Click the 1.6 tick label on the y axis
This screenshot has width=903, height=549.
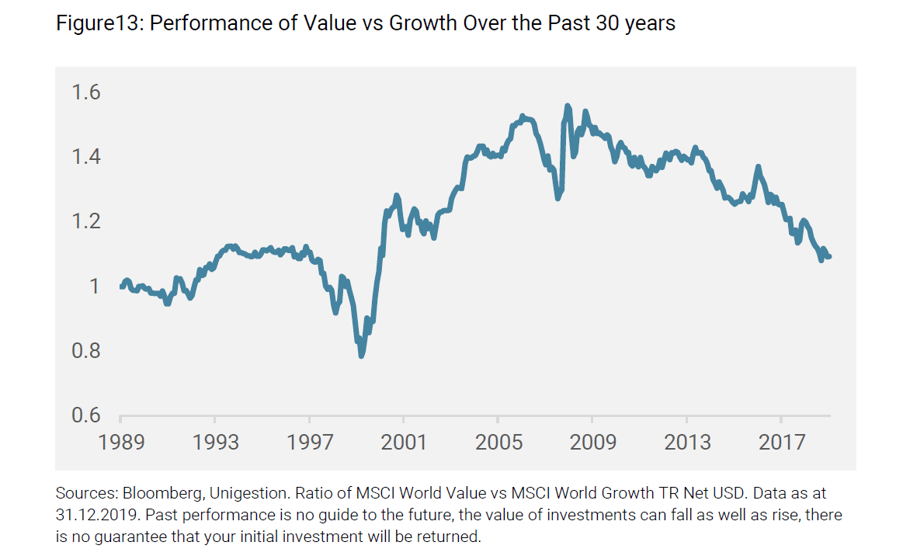[x=85, y=93]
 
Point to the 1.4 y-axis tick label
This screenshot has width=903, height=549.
[x=85, y=158]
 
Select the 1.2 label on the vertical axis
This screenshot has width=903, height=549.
[x=85, y=222]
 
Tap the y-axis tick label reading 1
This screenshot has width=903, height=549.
[x=95, y=287]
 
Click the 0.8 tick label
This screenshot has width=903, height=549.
[x=85, y=351]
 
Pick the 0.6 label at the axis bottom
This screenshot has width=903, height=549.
[x=85, y=415]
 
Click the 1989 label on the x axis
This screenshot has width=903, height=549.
[x=121, y=442]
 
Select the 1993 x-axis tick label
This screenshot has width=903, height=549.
[x=216, y=442]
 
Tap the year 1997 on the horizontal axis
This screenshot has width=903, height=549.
[x=310, y=442]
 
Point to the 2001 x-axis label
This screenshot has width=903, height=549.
[x=404, y=442]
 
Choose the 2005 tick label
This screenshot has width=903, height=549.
[x=498, y=442]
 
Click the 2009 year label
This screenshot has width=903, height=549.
[x=592, y=442]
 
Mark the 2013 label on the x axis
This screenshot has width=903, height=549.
[x=687, y=442]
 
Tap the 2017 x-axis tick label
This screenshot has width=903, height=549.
[x=781, y=442]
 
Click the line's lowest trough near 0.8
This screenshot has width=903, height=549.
[x=361, y=356]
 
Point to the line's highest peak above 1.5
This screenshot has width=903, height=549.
[x=568, y=106]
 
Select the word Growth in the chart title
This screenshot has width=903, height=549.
[x=424, y=24]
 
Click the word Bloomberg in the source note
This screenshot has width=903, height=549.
[x=150, y=494]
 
